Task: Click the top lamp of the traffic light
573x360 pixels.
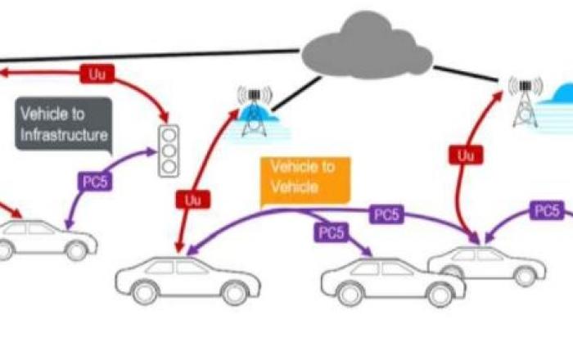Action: click(x=168, y=134)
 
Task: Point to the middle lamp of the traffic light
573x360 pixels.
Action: click(x=168, y=150)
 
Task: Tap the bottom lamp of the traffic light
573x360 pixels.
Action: click(x=168, y=165)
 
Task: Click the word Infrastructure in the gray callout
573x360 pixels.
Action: click(x=65, y=133)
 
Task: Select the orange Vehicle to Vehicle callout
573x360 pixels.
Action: click(x=303, y=178)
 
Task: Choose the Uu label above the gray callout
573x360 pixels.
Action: click(x=97, y=74)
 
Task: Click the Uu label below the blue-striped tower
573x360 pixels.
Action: click(x=192, y=198)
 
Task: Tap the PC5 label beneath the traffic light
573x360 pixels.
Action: click(x=95, y=181)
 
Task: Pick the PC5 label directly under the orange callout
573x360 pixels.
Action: click(x=330, y=232)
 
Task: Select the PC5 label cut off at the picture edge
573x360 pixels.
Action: click(x=546, y=211)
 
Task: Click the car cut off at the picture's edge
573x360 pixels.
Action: click(x=41, y=237)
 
